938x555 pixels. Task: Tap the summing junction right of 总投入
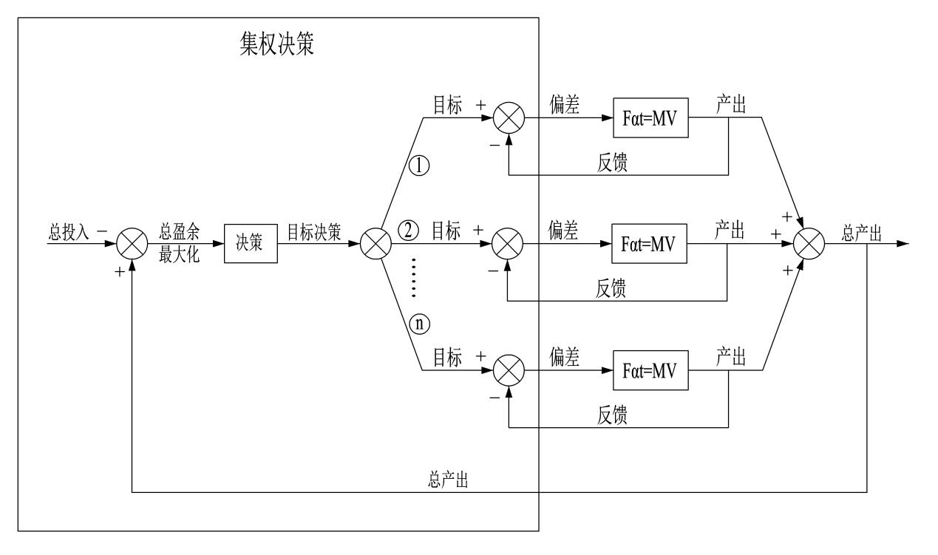pyautogui.click(x=130, y=244)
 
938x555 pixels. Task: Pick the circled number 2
pyautogui.click(x=409, y=231)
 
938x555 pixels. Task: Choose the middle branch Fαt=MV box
pyautogui.click(x=649, y=244)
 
